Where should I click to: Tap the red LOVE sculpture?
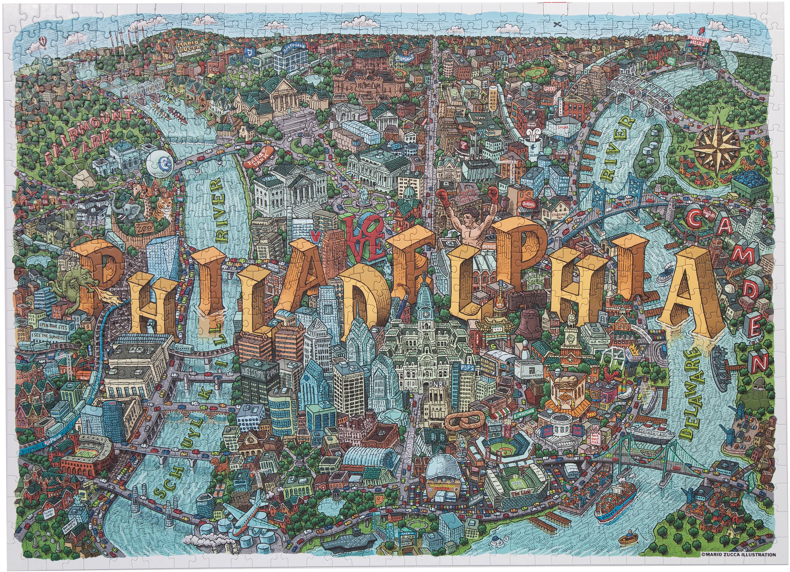point(362,237)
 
